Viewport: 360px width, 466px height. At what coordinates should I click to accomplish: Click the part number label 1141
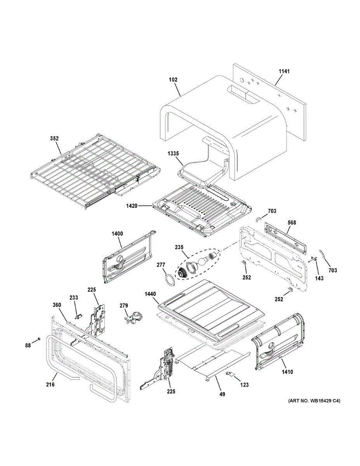[284, 71]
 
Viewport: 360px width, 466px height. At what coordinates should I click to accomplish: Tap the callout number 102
[173, 80]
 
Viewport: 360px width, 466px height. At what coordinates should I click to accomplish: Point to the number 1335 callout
[173, 154]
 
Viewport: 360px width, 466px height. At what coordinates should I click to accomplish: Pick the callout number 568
[292, 223]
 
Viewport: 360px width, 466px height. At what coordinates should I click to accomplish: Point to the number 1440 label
[151, 294]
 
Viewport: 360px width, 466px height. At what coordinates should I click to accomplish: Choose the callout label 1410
[287, 372]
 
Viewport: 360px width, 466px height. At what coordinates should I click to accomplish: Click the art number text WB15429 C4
[314, 401]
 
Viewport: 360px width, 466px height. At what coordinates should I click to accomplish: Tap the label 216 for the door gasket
[50, 384]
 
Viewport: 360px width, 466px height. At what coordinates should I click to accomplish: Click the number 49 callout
[222, 394]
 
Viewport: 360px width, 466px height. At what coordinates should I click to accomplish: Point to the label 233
[74, 297]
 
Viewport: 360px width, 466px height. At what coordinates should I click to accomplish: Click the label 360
[57, 305]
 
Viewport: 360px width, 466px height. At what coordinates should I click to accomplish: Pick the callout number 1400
[117, 233]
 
